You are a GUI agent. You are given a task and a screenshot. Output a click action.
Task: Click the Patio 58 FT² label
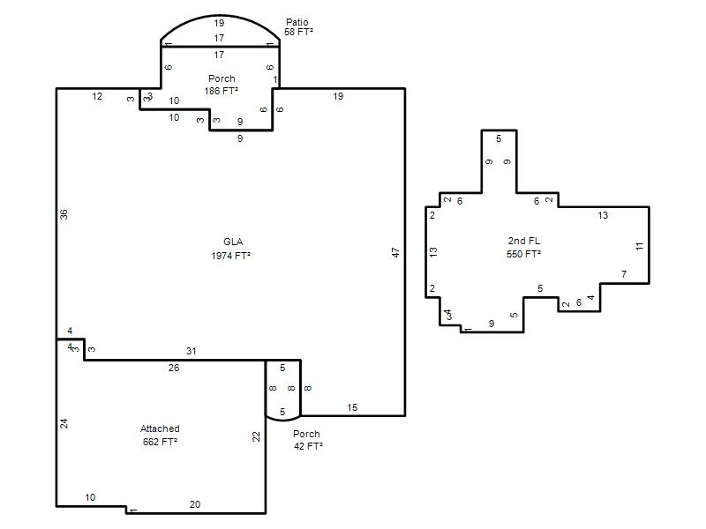pyautogui.click(x=298, y=27)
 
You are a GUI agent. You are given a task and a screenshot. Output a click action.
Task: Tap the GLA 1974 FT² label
pyautogui.click(x=231, y=249)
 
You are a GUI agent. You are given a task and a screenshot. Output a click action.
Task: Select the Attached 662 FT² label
pyautogui.click(x=160, y=435)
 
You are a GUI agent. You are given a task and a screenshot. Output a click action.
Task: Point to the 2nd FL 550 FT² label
pyautogui.click(x=523, y=248)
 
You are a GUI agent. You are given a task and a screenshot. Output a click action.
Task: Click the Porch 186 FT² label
pyautogui.click(x=222, y=85)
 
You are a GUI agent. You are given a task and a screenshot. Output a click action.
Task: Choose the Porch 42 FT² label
pyautogui.click(x=308, y=440)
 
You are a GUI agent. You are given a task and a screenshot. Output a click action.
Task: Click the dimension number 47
pyautogui.click(x=395, y=252)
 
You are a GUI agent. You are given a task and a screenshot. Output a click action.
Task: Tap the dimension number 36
pyautogui.click(x=64, y=214)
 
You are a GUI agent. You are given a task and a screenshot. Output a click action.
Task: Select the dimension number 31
pyautogui.click(x=192, y=351)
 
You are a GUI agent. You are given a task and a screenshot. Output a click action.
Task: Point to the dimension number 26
pyautogui.click(x=174, y=368)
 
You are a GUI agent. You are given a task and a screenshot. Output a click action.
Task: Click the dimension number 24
pyautogui.click(x=64, y=423)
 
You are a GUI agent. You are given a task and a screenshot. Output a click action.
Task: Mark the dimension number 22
pyautogui.click(x=256, y=436)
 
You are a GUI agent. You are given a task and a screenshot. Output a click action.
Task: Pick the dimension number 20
pyautogui.click(x=195, y=504)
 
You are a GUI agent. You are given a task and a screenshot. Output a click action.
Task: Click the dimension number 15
pyautogui.click(x=352, y=407)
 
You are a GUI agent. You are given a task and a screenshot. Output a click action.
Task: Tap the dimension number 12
pyautogui.click(x=97, y=96)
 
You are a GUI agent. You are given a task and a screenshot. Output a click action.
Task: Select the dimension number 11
pyautogui.click(x=640, y=246)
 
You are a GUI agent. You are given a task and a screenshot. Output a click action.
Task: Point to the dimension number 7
pyautogui.click(x=624, y=274)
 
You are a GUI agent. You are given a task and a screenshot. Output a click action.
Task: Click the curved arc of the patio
pyautogui.click(x=220, y=15)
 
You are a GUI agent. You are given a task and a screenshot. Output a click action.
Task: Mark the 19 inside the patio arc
pyautogui.click(x=219, y=23)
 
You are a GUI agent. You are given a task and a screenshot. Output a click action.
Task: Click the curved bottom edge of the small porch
pyautogui.click(x=283, y=421)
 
